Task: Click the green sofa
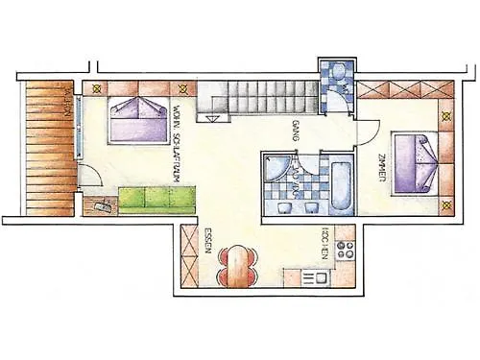(158, 200)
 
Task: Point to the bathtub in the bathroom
(341, 183)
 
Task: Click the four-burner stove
(345, 251)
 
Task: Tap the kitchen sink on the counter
(314, 277)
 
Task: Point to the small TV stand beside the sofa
(100, 204)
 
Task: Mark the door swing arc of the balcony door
(88, 179)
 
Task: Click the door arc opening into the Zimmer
(371, 135)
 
